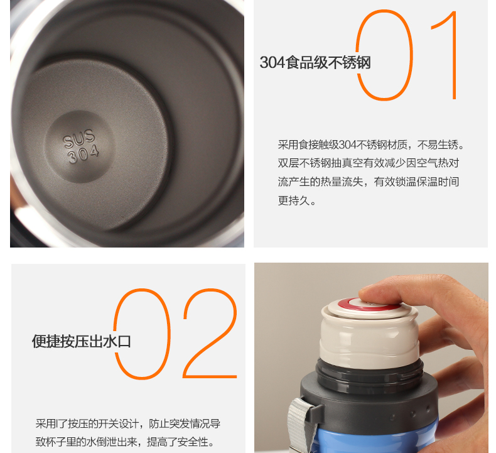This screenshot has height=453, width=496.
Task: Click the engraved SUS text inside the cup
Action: [x=79, y=138]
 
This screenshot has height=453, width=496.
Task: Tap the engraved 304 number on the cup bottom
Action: [x=84, y=154]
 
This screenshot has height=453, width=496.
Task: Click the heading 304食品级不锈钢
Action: [x=315, y=62]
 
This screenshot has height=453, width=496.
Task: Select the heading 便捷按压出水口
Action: [x=81, y=341]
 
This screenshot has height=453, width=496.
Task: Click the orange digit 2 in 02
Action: [x=210, y=332]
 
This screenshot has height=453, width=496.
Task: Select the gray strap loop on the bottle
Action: [x=301, y=424]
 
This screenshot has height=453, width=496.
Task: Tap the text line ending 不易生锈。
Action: [x=370, y=145]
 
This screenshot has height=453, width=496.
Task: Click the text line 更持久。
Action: [x=297, y=200]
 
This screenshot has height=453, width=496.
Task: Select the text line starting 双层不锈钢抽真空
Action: [x=368, y=163]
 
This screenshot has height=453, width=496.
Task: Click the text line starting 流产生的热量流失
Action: [x=368, y=182]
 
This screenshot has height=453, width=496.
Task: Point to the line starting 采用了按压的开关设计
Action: [x=128, y=423]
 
